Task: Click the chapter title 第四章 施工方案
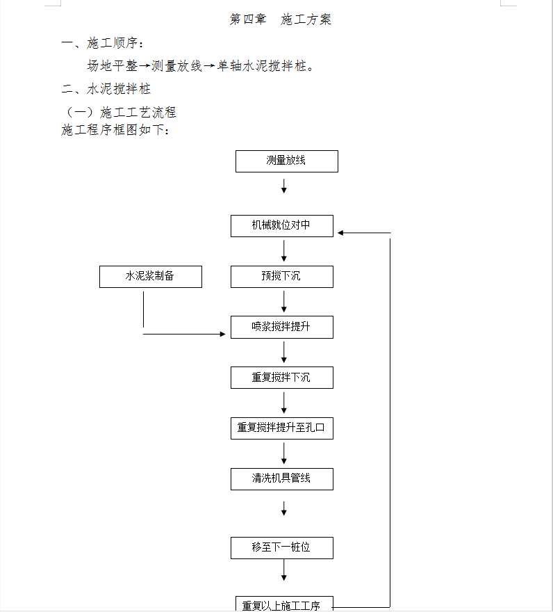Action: pos(281,19)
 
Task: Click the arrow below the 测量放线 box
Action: pos(284,186)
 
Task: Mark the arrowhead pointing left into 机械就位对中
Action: pos(340,233)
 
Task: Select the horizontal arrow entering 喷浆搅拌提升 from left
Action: pos(184,334)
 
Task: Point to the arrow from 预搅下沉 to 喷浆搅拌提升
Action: pos(284,302)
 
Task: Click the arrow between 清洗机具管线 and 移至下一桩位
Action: pos(284,508)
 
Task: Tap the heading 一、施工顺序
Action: pos(103,43)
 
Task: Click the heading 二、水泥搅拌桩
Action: pos(106,89)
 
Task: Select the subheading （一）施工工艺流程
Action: pos(119,113)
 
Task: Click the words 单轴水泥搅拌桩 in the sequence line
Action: pos(262,66)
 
